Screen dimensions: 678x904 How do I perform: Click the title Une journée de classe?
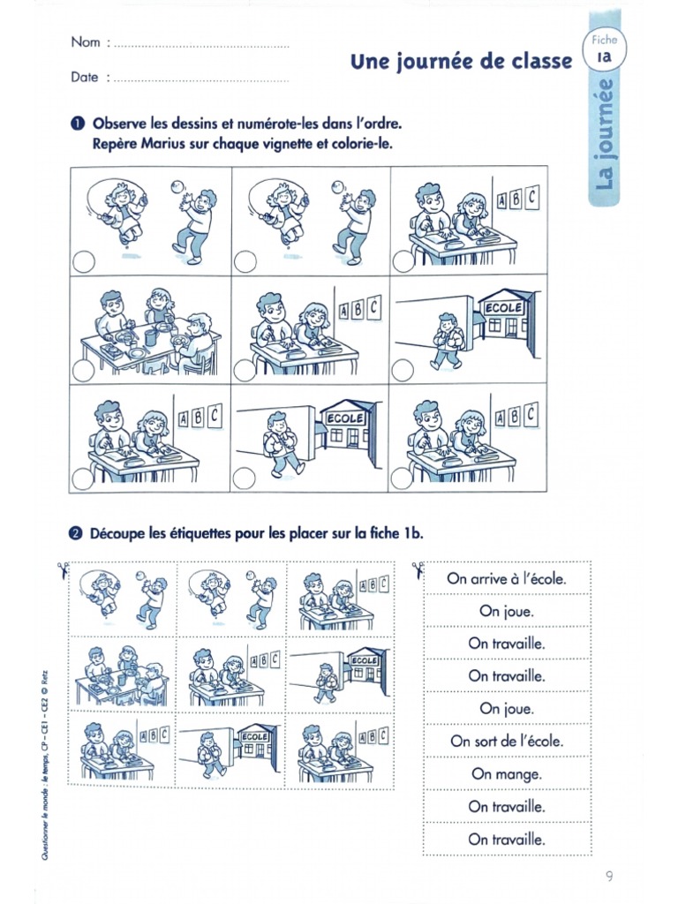pyautogui.click(x=461, y=62)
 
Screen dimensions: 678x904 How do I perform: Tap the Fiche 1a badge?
pyautogui.click(x=604, y=48)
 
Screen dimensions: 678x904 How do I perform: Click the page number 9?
pyautogui.click(x=609, y=877)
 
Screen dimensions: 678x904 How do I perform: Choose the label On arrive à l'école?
pyautogui.click(x=507, y=578)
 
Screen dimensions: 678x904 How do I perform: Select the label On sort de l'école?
pyautogui.click(x=507, y=741)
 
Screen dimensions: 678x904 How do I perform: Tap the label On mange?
pyautogui.click(x=507, y=774)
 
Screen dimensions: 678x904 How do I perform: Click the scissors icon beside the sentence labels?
pyautogui.click(x=418, y=569)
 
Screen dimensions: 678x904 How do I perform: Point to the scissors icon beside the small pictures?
pyautogui.click(x=63, y=569)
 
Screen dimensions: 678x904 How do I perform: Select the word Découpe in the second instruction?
pyautogui.click(x=117, y=534)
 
